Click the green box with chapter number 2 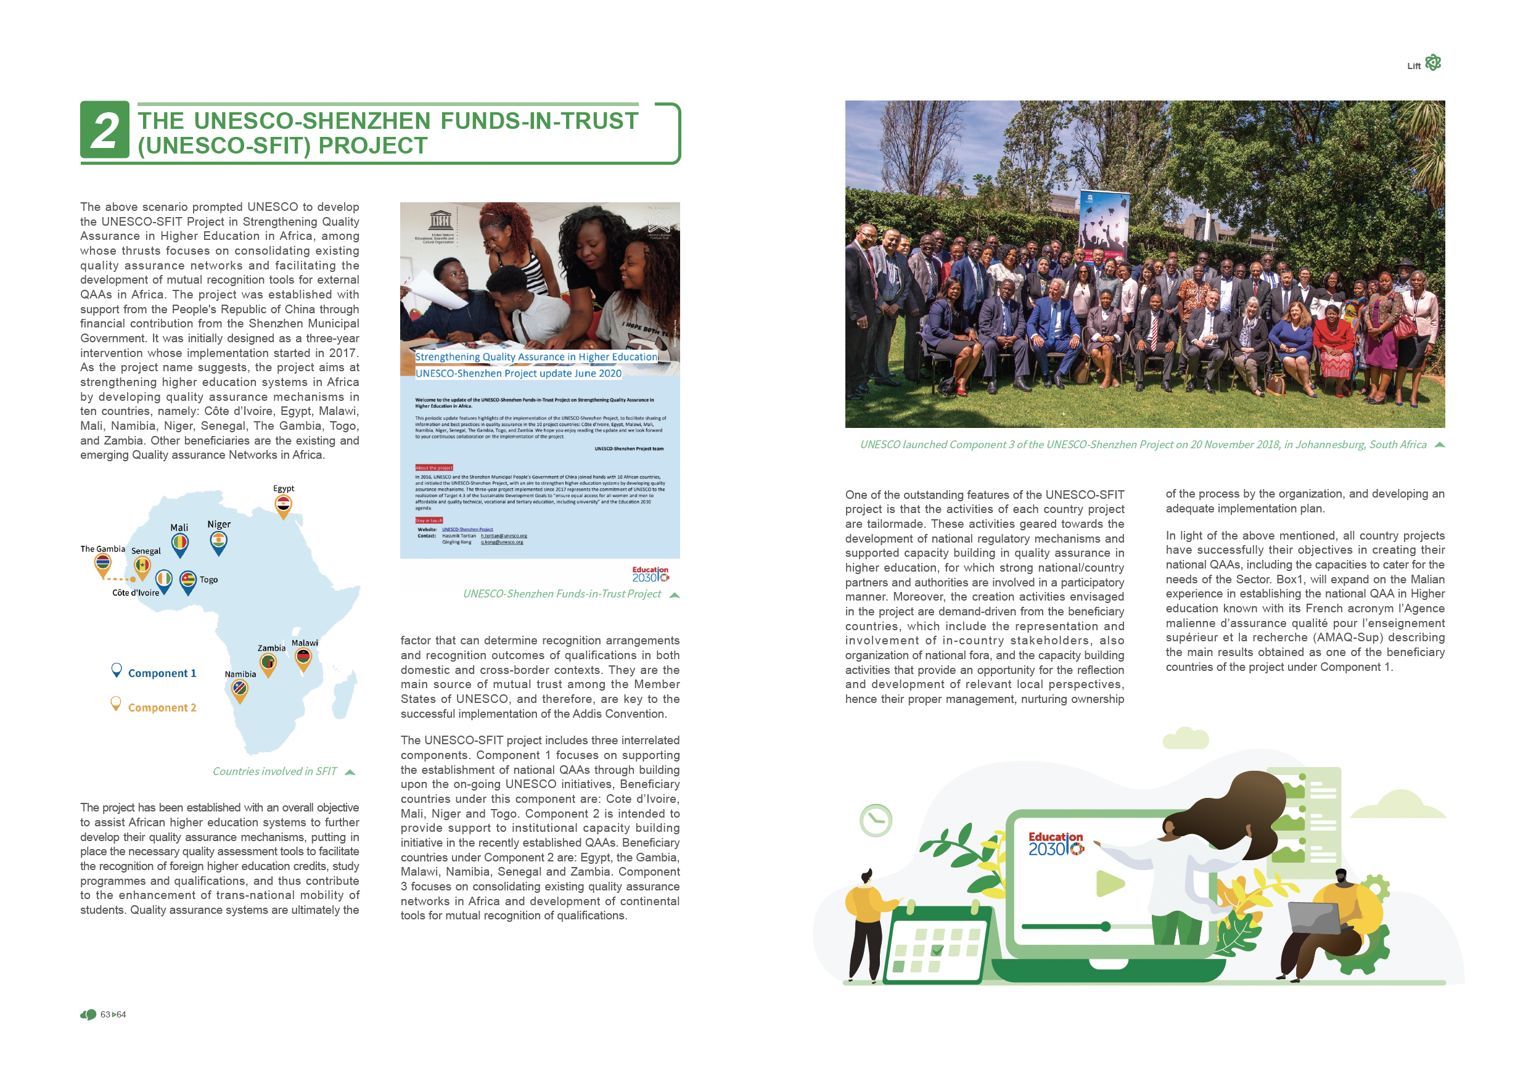tap(105, 129)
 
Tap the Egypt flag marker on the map tap(283, 506)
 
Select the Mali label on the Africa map tap(179, 528)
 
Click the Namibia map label tap(240, 675)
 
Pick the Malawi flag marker tap(304, 658)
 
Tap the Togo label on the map tap(209, 580)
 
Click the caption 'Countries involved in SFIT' tap(274, 771)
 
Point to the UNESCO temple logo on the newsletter tap(440, 220)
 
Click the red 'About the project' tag tap(434, 467)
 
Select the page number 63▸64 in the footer tap(113, 1015)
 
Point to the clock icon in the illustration tap(876, 821)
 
